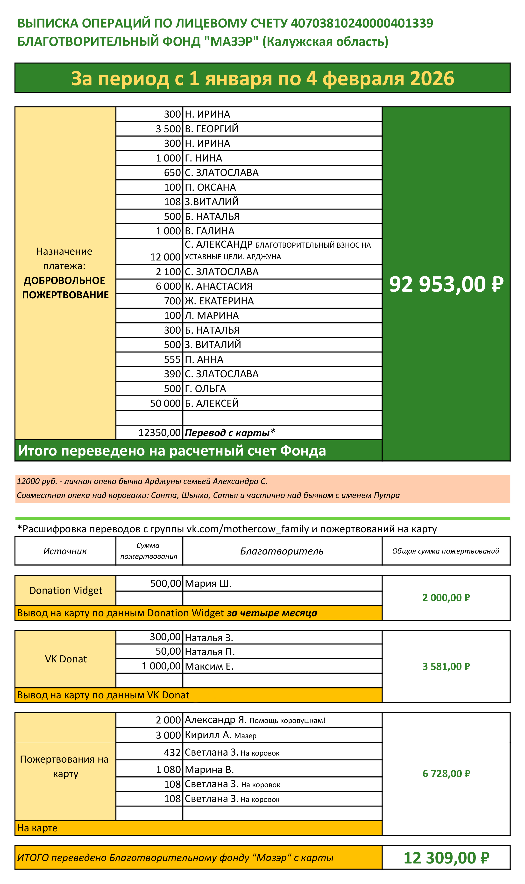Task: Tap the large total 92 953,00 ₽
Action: pos(446,284)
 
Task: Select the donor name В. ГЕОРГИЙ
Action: pos(212,129)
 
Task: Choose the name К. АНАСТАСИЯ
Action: pos(219,286)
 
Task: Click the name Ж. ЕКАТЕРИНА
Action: pos(219,301)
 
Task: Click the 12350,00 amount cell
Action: pos(160,432)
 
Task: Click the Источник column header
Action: pos(65,551)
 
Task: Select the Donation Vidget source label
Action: pos(66,590)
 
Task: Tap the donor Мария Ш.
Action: pos(208,583)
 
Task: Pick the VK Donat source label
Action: pos(66,659)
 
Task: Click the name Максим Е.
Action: pos(209,666)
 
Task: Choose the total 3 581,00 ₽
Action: pos(446,667)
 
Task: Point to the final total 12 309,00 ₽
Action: pos(446,858)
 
